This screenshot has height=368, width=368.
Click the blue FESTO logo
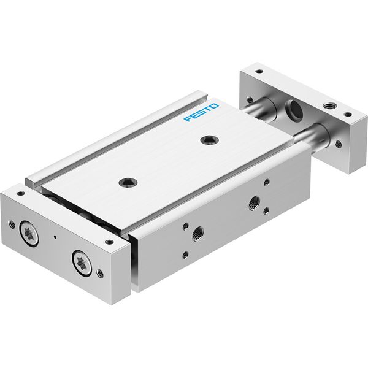[201, 112]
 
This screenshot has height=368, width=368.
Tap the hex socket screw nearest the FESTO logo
[210, 140]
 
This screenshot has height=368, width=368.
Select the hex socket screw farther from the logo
[128, 182]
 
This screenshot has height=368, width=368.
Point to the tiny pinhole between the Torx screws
[55, 237]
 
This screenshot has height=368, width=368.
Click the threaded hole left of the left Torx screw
[12, 224]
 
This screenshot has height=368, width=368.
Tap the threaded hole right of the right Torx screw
[100, 273]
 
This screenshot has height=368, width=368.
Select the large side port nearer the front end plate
[197, 234]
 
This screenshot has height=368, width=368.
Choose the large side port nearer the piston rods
[254, 203]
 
